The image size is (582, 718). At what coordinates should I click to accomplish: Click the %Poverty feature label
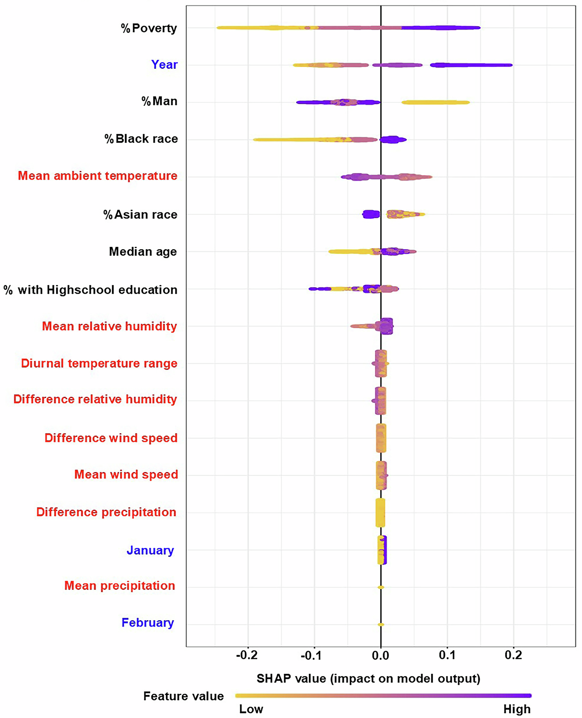tap(149, 28)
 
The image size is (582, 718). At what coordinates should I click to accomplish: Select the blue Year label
tap(164, 64)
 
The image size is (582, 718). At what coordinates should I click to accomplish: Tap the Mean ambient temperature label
tap(97, 176)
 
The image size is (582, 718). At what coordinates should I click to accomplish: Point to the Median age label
tap(143, 252)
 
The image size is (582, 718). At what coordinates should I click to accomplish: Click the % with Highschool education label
tap(91, 290)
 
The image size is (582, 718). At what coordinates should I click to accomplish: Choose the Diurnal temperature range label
tap(99, 363)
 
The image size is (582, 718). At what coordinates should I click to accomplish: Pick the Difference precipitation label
tap(106, 512)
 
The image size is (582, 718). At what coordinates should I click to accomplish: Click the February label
tap(147, 622)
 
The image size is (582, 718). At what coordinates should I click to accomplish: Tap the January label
tap(150, 550)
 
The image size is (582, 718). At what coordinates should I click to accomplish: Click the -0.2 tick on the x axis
tap(247, 655)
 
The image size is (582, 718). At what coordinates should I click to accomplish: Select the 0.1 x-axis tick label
tap(447, 655)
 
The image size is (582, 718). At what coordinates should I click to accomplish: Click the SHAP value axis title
tap(368, 678)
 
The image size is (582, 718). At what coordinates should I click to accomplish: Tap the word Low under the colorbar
tap(251, 709)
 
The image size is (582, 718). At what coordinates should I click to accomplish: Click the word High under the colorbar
tap(517, 709)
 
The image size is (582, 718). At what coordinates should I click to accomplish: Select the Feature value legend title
tap(183, 696)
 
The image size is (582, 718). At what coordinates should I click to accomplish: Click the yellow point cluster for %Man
tap(435, 102)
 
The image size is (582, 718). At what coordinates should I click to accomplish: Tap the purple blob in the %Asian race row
tap(371, 214)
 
